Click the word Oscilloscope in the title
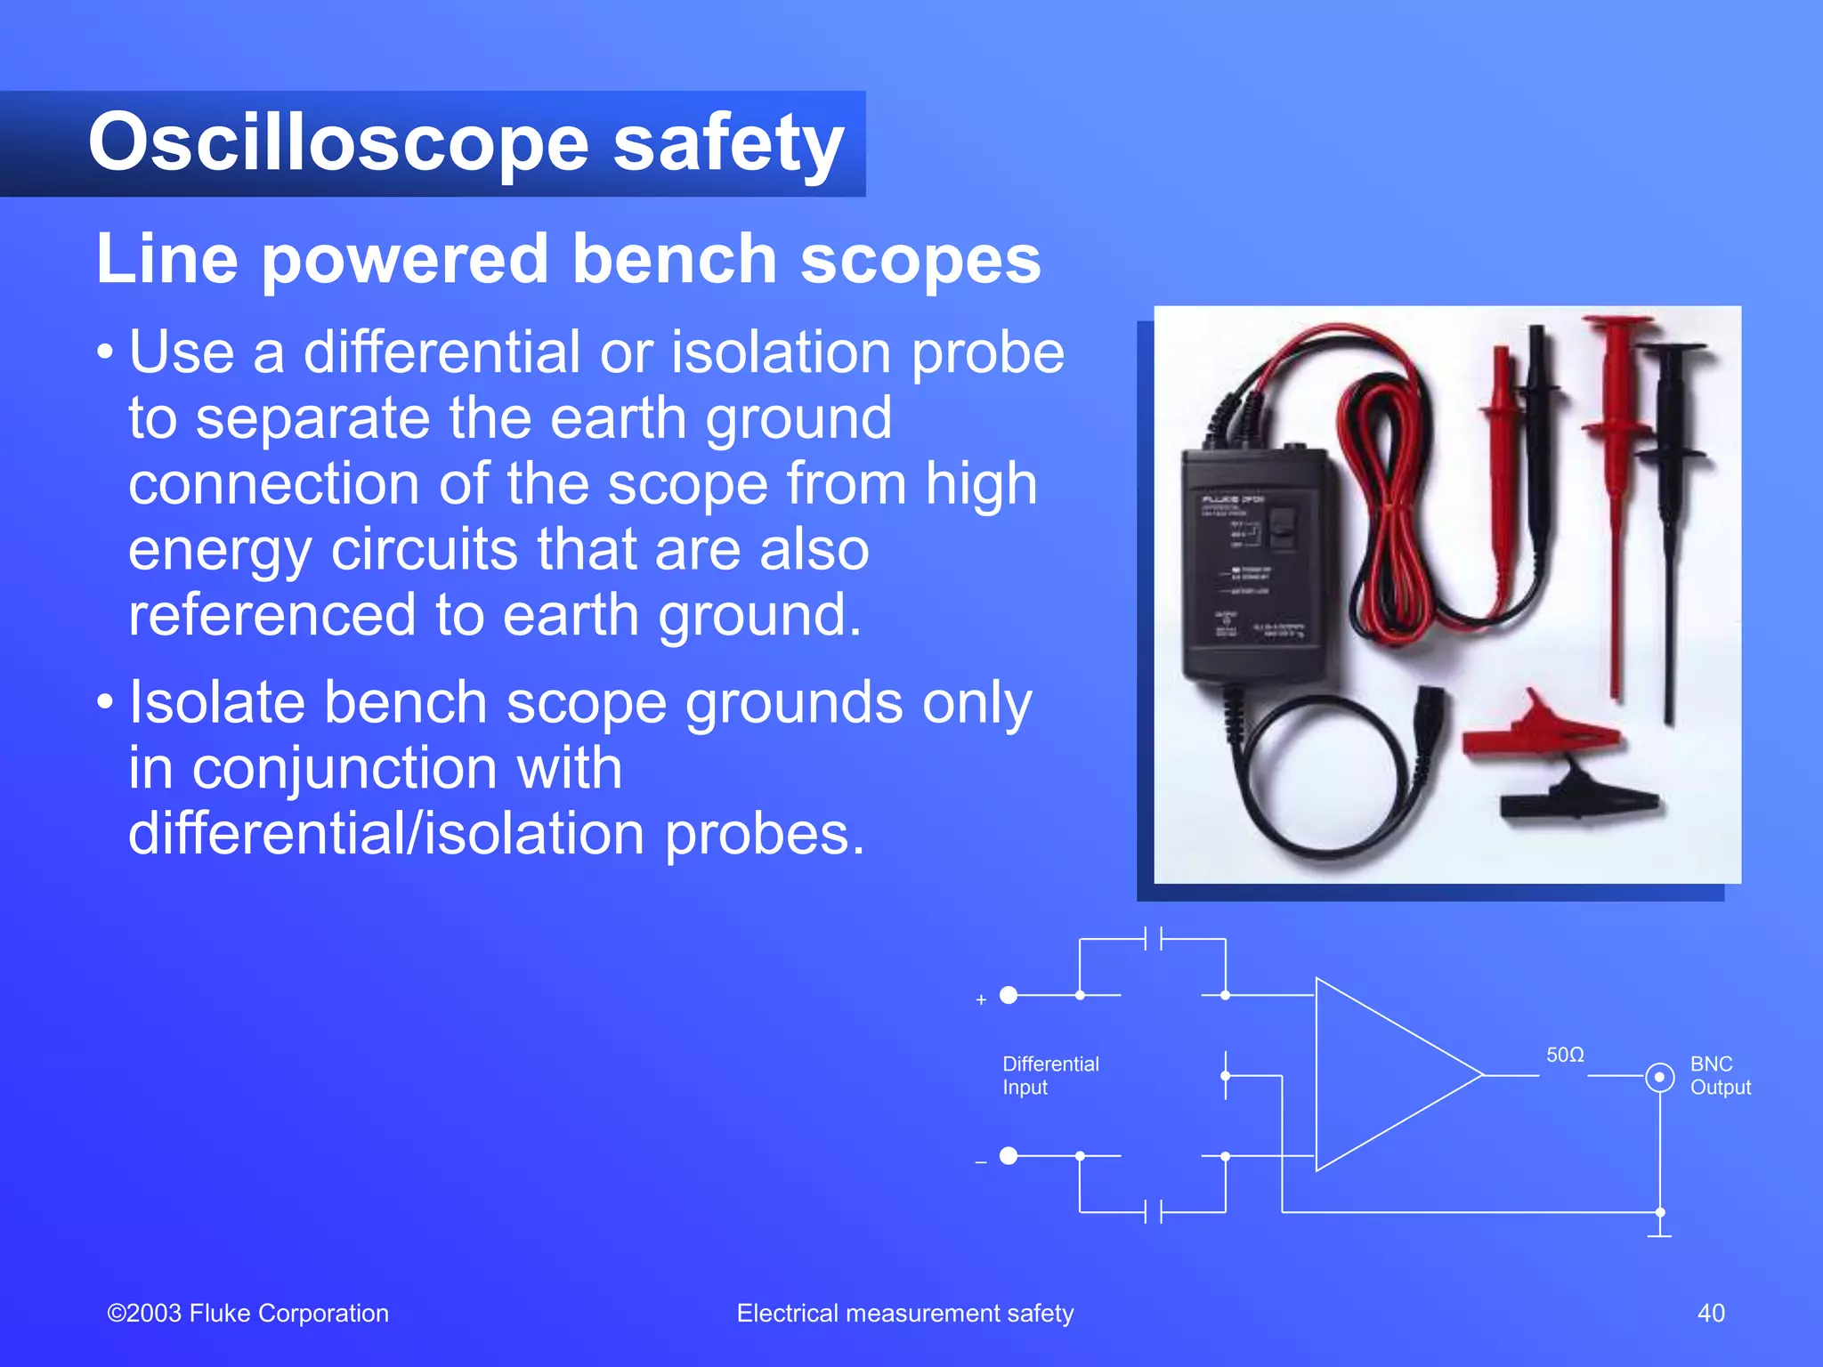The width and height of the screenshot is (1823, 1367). (x=338, y=144)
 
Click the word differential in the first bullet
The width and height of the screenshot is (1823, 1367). (x=442, y=352)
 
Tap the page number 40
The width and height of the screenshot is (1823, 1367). (x=1710, y=1313)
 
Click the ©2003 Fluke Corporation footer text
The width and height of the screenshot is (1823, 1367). (x=247, y=1313)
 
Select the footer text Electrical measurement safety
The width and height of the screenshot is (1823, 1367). (x=904, y=1313)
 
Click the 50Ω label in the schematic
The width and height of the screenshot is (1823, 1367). (x=1564, y=1055)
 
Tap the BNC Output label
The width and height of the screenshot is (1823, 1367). (x=1719, y=1075)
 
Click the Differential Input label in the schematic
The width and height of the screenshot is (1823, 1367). (x=1049, y=1075)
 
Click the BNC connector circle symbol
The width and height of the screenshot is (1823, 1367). (x=1659, y=1077)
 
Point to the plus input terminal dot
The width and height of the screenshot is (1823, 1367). (x=1009, y=995)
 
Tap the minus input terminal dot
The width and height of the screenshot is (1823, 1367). (x=1009, y=1156)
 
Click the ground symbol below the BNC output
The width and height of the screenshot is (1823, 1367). (x=1659, y=1234)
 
